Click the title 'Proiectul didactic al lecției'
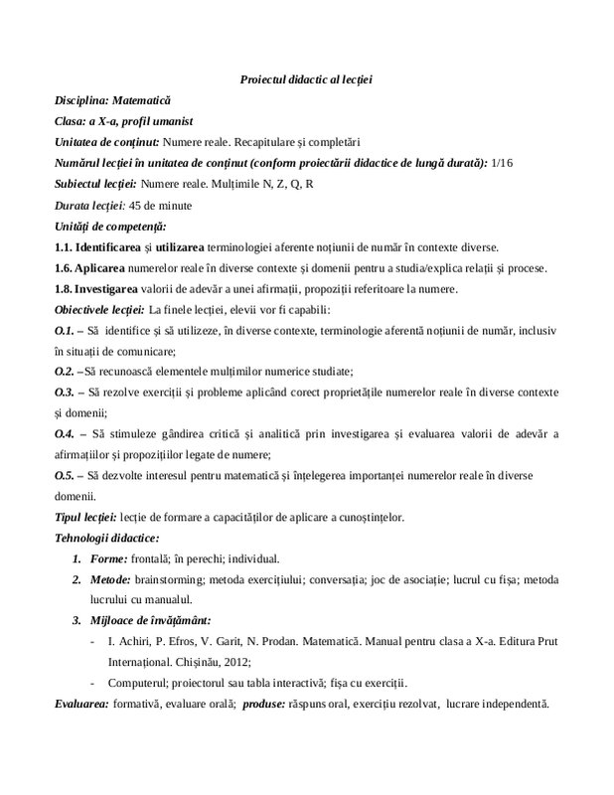pyautogui.click(x=306, y=79)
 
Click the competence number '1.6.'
pyautogui.click(x=65, y=268)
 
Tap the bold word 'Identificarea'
pyautogui.click(x=113, y=247)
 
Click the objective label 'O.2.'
pyautogui.click(x=65, y=372)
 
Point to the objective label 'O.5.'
pyautogui.click(x=65, y=475)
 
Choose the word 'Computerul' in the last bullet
pyautogui.click(x=140, y=683)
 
